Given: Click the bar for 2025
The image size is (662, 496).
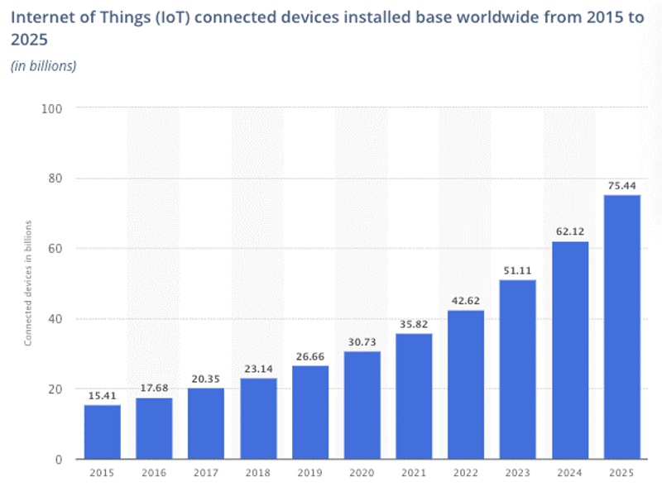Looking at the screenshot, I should pos(621,327).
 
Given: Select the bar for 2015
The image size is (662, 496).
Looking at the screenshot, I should pos(102,432).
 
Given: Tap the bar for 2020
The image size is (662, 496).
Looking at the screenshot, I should pos(362,405).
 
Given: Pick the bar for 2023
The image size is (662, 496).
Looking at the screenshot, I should pos(518,370).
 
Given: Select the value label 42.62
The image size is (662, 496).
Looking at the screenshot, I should pos(466,302).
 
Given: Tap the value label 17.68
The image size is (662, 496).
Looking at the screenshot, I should pos(154,389).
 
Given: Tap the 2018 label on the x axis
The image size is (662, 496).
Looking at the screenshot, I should pos(258,473).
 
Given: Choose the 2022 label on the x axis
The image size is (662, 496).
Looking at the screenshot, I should pos(466,473).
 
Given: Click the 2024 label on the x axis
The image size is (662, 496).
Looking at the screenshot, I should pos(569,473).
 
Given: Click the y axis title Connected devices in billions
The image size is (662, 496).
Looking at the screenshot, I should pos(28,283).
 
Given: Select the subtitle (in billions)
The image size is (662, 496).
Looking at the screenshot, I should pos(43,66).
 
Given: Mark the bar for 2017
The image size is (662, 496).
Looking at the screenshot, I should pos(206,423).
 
